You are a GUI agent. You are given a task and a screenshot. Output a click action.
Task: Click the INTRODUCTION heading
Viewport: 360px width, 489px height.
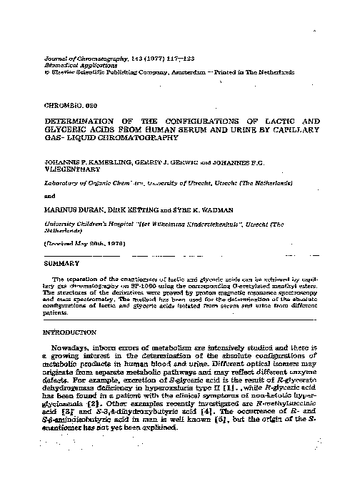tap(69, 333)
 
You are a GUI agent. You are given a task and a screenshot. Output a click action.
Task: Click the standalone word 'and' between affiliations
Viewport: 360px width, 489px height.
tap(49, 194)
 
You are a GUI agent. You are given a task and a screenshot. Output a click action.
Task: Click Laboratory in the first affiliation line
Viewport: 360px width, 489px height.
tap(64, 182)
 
